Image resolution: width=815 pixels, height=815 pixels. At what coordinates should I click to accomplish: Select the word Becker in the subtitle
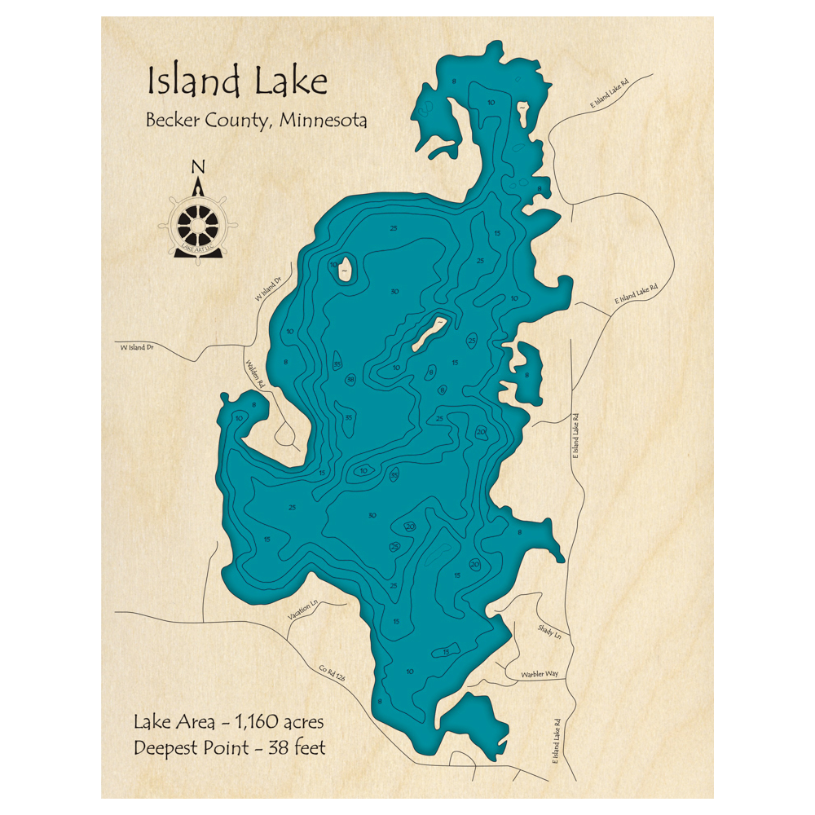tap(174, 121)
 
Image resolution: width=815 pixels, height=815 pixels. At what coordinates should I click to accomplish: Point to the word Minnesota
tap(323, 121)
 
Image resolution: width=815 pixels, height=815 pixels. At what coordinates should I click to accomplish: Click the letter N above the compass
tap(197, 168)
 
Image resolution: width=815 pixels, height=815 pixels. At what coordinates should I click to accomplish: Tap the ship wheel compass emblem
tap(198, 221)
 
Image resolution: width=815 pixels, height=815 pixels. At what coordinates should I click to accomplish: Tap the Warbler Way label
tap(540, 674)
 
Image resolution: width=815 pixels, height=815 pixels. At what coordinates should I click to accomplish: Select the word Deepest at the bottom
tap(168, 748)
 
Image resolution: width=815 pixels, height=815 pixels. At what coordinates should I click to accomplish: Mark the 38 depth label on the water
tap(350, 380)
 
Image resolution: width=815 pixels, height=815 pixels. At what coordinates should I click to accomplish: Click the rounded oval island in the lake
tap(346, 268)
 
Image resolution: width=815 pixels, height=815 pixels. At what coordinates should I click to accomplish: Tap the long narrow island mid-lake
tap(430, 333)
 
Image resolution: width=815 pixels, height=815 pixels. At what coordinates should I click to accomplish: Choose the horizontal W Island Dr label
tap(137, 347)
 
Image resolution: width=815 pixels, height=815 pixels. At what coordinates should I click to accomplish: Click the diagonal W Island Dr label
tap(267, 289)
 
